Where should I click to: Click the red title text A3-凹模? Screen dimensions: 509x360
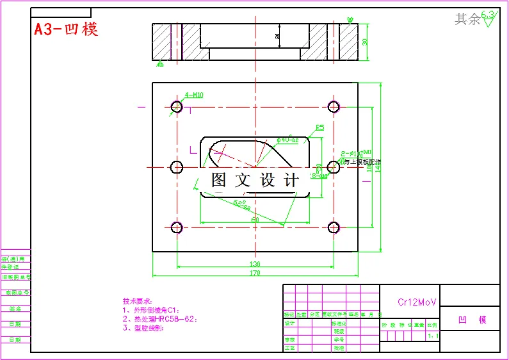(67, 29)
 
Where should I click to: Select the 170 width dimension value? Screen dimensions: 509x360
(255, 274)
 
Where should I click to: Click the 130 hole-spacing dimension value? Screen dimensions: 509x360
(255, 263)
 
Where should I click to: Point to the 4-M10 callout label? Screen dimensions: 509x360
(194, 95)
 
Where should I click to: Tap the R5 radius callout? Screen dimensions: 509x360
(320, 127)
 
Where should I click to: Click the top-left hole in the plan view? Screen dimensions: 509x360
(177, 106)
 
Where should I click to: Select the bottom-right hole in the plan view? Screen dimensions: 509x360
(334, 227)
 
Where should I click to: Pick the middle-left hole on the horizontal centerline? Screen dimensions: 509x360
(177, 167)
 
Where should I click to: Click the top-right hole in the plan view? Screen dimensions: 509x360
(334, 106)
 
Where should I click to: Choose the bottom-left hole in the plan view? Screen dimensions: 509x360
(177, 227)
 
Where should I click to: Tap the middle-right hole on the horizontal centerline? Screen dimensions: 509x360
(334, 167)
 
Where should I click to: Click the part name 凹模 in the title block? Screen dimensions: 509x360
(472, 320)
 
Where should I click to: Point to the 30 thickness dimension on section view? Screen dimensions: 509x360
(365, 42)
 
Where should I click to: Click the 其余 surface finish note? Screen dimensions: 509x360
(467, 20)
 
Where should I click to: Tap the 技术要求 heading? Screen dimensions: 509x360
(138, 301)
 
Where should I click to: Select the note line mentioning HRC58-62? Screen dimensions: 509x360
(160, 318)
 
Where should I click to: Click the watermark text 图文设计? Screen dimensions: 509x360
(255, 181)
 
